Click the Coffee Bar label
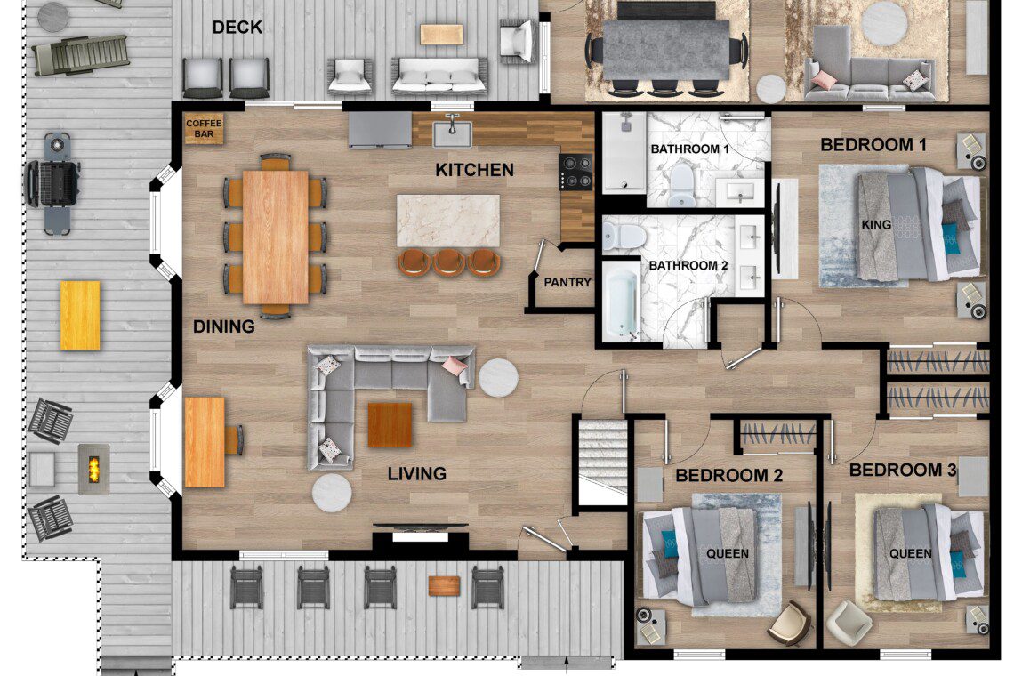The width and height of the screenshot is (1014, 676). click(204, 129)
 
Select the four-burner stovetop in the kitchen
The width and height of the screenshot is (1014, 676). click(576, 172)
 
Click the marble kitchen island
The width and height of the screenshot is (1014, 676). click(447, 221)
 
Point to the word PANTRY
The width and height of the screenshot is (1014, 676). click(567, 283)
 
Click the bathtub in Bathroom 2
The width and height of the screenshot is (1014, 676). click(621, 303)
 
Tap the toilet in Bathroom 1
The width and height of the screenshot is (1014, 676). click(681, 184)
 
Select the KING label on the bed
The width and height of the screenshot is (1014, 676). click(876, 225)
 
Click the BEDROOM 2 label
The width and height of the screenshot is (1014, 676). click(728, 476)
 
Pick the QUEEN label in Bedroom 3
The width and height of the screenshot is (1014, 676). click(911, 554)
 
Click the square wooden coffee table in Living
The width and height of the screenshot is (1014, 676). click(390, 425)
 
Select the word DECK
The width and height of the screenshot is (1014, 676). click(237, 28)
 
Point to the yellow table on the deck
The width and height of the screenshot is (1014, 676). click(80, 316)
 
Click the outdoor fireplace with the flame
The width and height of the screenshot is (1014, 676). click(93, 469)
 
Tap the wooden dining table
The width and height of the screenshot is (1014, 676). click(276, 237)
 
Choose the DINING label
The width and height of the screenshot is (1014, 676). click(224, 326)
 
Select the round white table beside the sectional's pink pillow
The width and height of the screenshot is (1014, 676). click(498, 378)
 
